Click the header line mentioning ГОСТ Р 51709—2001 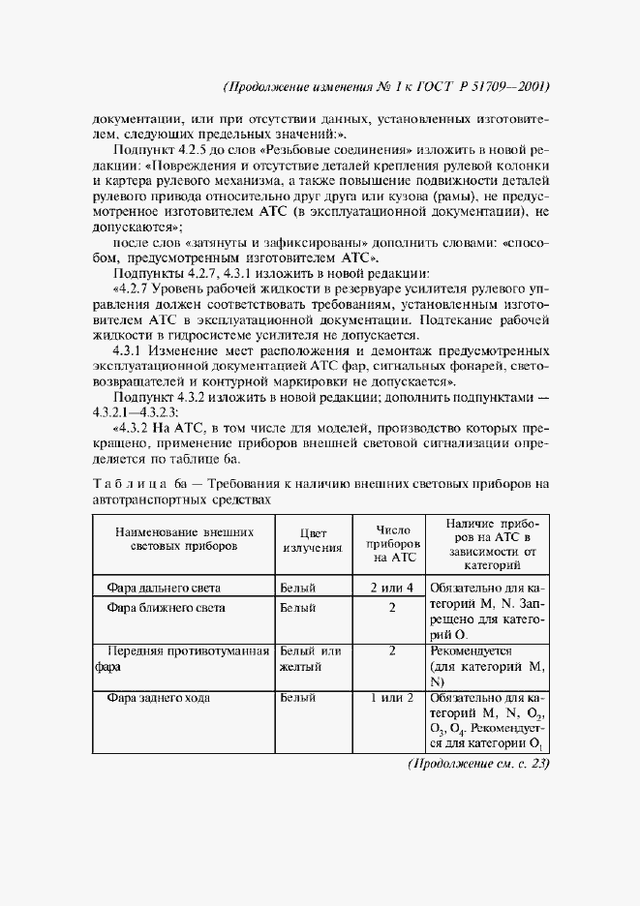385,86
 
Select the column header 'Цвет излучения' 311,540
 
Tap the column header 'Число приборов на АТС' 393,540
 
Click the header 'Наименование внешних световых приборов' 184,540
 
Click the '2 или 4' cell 392,587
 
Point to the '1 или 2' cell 392,697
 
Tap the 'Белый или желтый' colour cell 310,659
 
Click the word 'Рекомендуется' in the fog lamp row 475,651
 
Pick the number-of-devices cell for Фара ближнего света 392,608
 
